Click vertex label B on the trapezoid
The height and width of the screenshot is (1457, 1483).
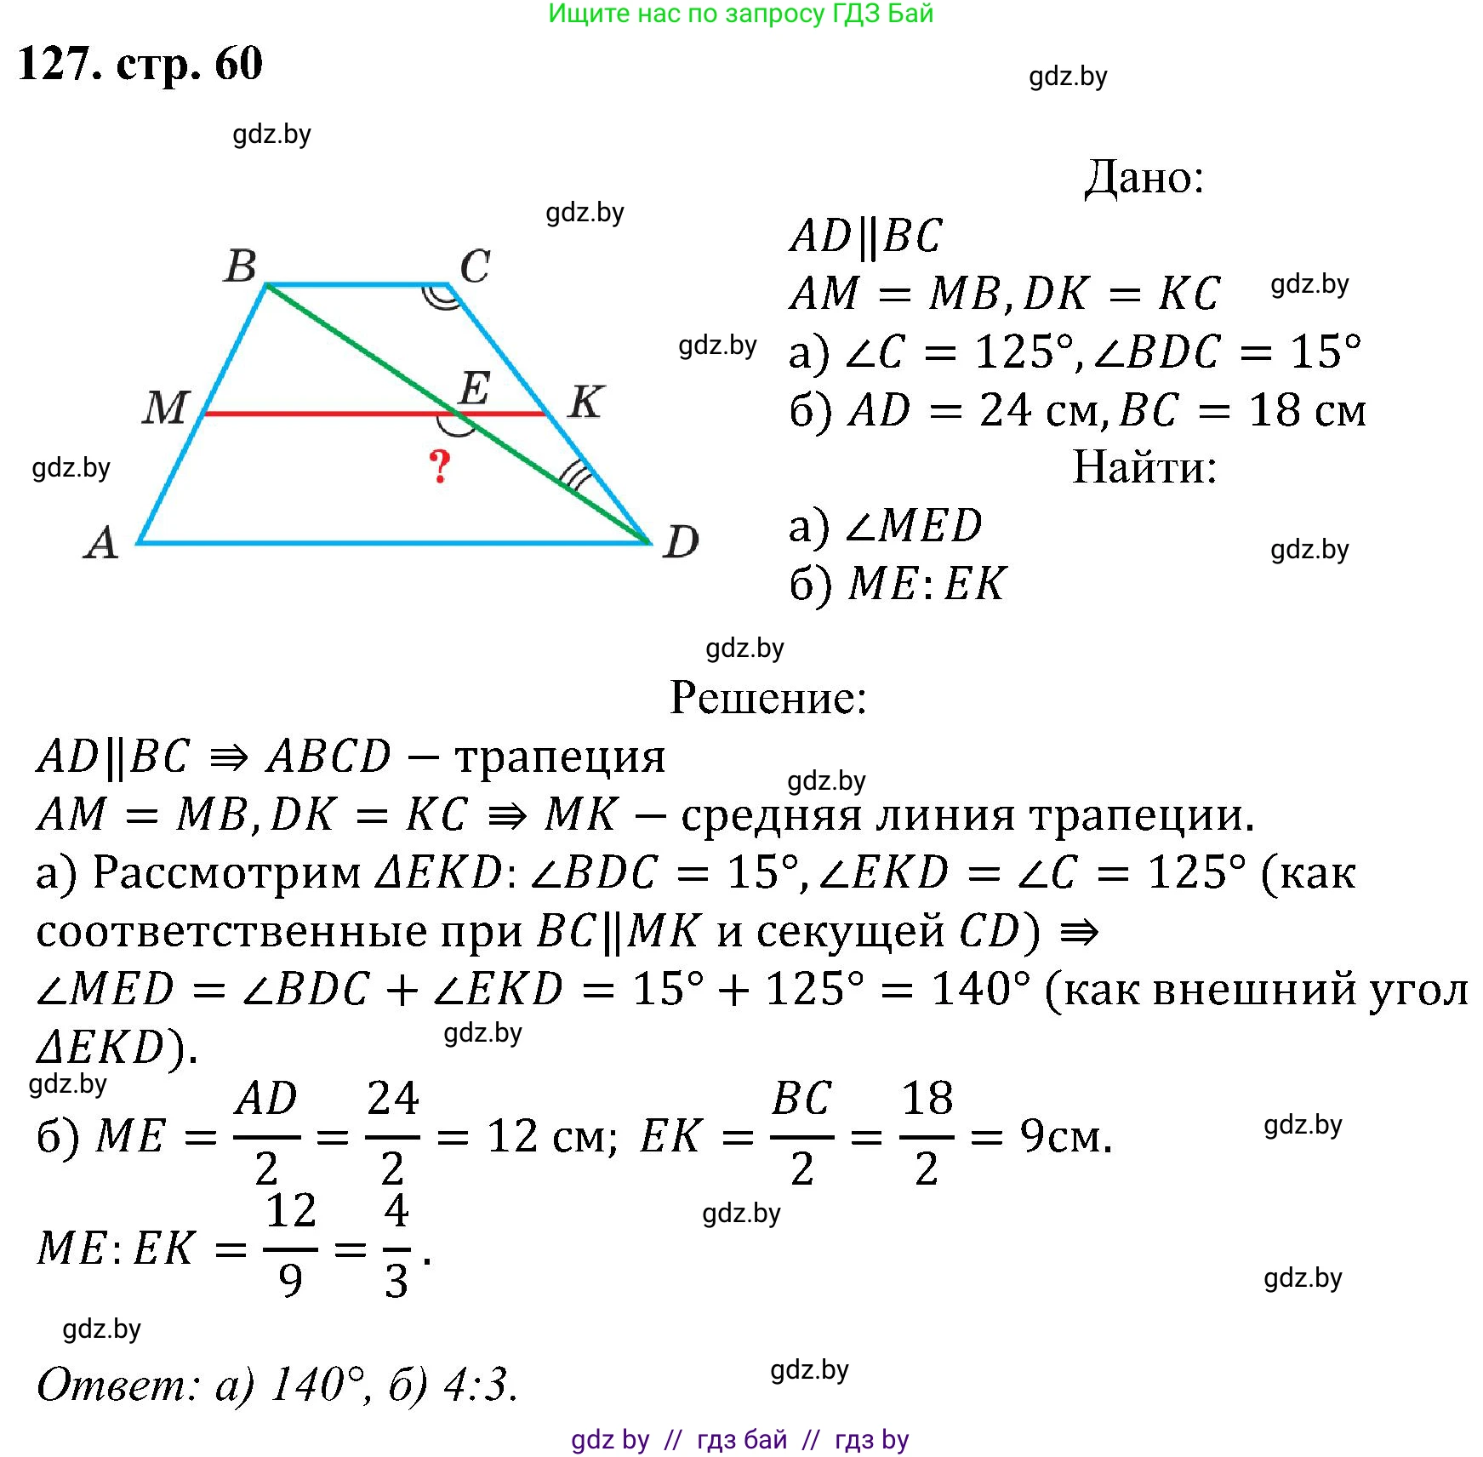[x=241, y=266]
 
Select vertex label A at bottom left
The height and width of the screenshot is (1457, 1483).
[x=101, y=542]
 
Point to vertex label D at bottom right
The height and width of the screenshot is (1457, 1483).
[x=681, y=542]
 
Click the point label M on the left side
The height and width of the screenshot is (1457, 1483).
[x=165, y=407]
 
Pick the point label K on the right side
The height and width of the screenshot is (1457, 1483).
[x=585, y=402]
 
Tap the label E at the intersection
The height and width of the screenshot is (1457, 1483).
[x=474, y=389]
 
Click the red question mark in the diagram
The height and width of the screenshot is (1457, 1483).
[x=439, y=466]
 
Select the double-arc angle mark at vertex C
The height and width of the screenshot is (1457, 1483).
[x=442, y=297]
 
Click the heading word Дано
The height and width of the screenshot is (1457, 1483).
[x=1144, y=178]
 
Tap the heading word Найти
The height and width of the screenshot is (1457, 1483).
[x=1144, y=467]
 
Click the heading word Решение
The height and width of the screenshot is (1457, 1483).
[x=767, y=698]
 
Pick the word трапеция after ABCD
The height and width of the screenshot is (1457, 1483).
[x=559, y=757]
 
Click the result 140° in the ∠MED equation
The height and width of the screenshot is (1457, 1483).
[x=980, y=989]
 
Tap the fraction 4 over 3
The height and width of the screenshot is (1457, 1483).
[x=396, y=1248]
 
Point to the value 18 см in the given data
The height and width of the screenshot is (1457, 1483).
[x=1306, y=411]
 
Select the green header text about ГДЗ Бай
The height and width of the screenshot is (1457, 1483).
[x=740, y=14]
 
